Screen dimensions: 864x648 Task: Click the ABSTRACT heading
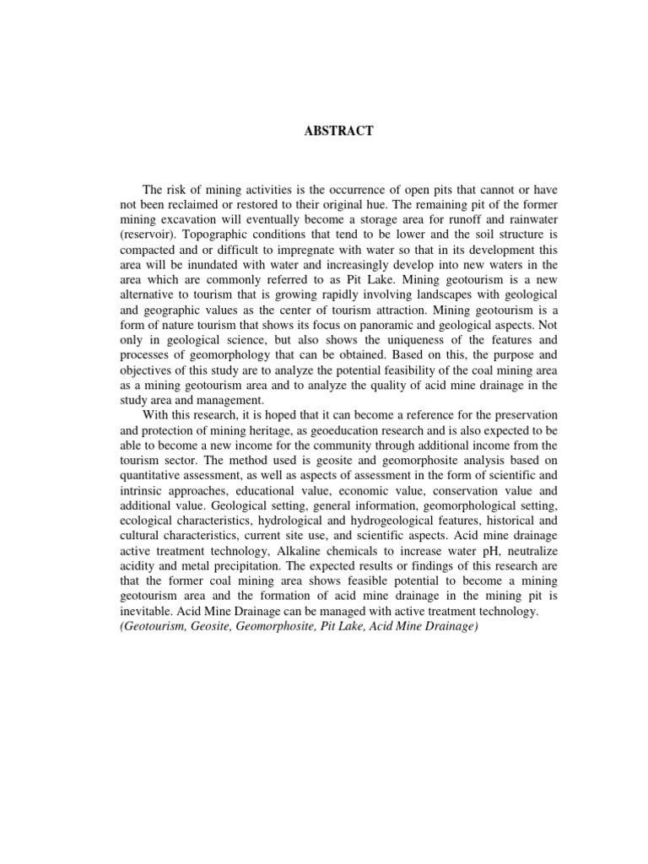pos(324,132)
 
